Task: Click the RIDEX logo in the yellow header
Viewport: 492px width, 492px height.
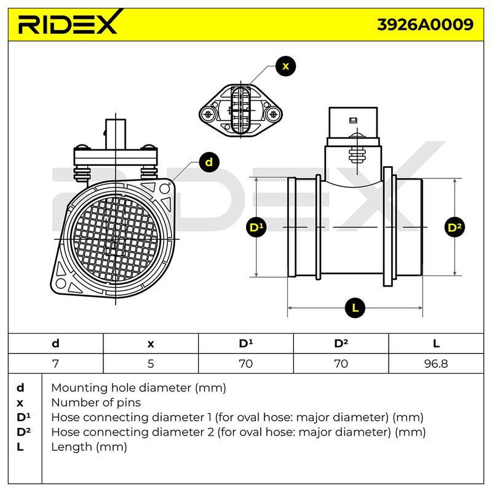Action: (70, 22)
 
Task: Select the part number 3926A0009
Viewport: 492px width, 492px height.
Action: (425, 25)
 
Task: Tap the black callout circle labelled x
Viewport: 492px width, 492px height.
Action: (285, 66)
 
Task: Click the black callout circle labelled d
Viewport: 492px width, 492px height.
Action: (208, 162)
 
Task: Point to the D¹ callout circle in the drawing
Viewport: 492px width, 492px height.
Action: (256, 227)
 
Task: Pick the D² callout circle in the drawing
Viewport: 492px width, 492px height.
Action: (454, 227)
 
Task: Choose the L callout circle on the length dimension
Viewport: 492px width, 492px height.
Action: (355, 308)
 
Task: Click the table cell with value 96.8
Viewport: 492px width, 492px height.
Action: (436, 363)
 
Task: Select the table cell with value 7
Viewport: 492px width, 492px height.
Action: (55, 363)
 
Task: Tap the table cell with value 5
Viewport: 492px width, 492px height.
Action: (151, 363)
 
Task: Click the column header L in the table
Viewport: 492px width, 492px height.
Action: (436, 344)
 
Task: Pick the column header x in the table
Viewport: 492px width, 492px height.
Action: (151, 344)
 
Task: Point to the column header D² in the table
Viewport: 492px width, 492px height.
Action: (341, 344)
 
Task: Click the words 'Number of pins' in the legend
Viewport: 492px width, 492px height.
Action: (96, 403)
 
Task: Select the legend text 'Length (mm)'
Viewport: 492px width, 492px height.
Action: (89, 447)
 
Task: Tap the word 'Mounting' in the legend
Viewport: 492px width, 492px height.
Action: (79, 389)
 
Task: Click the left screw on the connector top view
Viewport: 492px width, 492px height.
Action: (208, 114)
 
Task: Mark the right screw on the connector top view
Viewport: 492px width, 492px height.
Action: (274, 114)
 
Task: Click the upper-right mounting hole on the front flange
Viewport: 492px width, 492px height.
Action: (164, 189)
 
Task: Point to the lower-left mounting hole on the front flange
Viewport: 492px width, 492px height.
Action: (60, 284)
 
